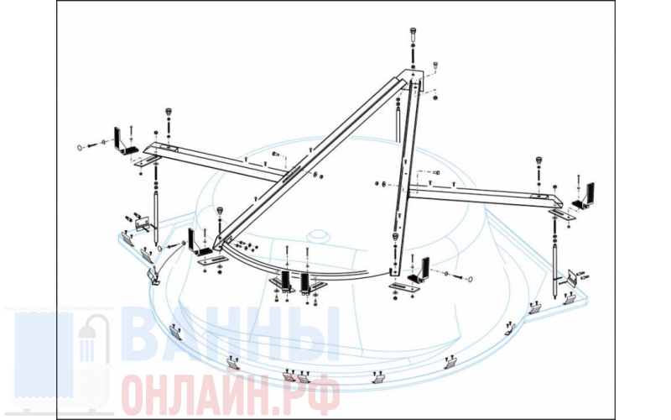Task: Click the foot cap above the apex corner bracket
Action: click(x=413, y=32)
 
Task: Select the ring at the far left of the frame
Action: click(x=80, y=148)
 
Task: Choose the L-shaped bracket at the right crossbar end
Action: click(x=584, y=197)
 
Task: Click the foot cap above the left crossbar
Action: click(x=169, y=113)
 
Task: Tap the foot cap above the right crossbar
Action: click(x=539, y=161)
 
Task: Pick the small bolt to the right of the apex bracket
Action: click(x=435, y=65)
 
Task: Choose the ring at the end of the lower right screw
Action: click(x=471, y=280)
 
